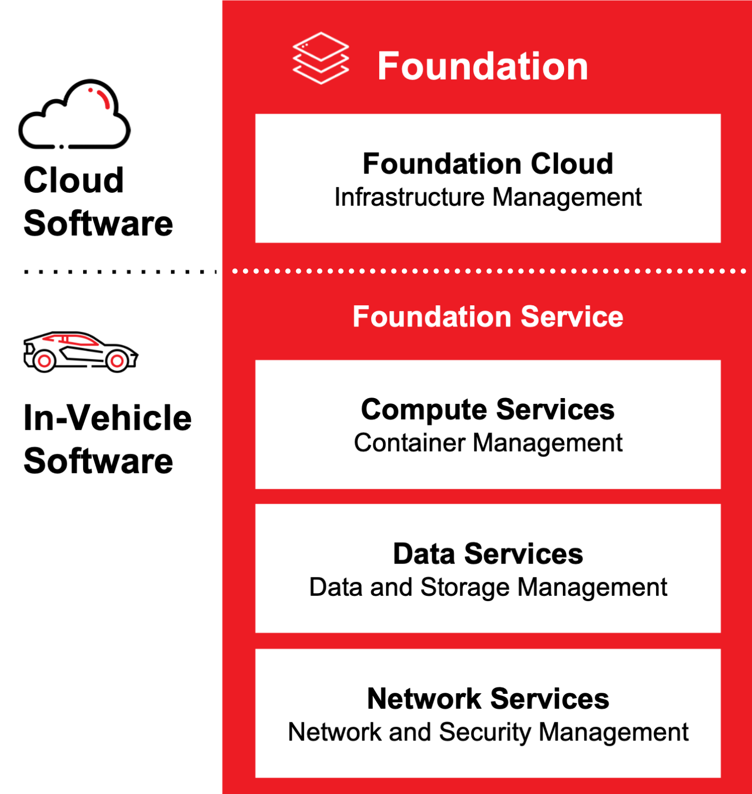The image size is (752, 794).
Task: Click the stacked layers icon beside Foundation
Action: pyautogui.click(x=320, y=58)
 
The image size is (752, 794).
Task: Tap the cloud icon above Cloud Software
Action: pyautogui.click(x=74, y=115)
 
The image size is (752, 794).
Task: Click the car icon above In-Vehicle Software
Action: pyautogui.click(x=80, y=351)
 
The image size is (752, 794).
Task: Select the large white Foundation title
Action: pyautogui.click(x=482, y=66)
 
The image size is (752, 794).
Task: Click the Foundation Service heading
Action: pyautogui.click(x=488, y=316)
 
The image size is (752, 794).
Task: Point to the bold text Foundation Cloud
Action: pyautogui.click(x=488, y=163)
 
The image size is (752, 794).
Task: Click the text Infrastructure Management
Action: pyautogui.click(x=488, y=197)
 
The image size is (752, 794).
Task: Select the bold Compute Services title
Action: pyautogui.click(x=488, y=409)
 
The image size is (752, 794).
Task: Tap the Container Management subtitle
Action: pyautogui.click(x=488, y=443)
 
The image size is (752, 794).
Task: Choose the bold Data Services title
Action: pyautogui.click(x=488, y=554)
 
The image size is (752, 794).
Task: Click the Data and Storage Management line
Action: pyautogui.click(x=488, y=587)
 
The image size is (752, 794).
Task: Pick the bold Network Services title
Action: pyautogui.click(x=488, y=699)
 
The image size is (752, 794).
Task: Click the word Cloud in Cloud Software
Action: pyautogui.click(x=74, y=180)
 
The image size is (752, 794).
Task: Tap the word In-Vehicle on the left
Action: pyautogui.click(x=108, y=418)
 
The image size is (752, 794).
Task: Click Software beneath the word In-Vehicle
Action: pyautogui.click(x=99, y=461)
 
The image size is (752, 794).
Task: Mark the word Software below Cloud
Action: pyautogui.click(x=99, y=223)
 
